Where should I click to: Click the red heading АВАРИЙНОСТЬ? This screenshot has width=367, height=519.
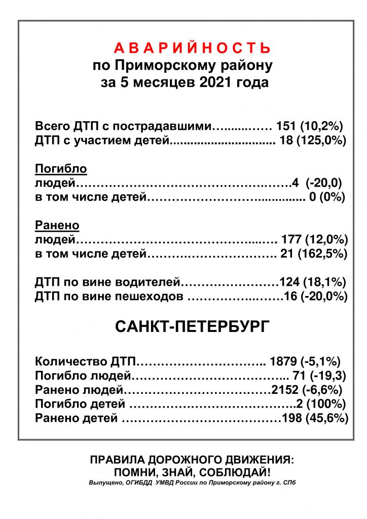pyautogui.click(x=192, y=48)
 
